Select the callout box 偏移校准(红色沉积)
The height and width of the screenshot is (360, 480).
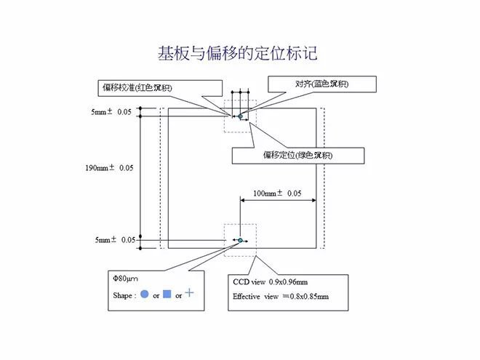point(148,88)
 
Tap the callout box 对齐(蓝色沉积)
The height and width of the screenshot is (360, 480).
point(321,84)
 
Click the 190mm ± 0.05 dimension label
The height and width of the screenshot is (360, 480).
point(109,168)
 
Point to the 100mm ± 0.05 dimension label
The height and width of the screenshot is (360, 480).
point(277,193)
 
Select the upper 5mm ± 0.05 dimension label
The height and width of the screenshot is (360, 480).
point(111,113)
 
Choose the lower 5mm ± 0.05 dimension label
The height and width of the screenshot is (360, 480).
point(111,240)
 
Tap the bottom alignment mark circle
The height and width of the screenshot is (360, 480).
point(240,239)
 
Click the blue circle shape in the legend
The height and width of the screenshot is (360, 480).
point(144,295)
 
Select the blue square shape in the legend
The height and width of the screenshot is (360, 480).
point(167,295)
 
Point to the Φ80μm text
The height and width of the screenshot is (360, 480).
point(124,279)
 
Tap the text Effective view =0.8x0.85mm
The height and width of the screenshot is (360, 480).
point(281,297)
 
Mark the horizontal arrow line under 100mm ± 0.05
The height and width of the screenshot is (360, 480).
point(277,201)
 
